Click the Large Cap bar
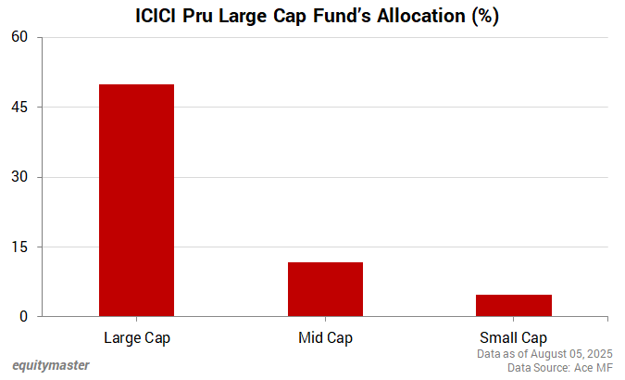click(136, 200)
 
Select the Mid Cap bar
click(325, 289)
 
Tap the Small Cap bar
click(513, 305)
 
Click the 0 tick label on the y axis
click(26, 317)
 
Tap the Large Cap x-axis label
click(137, 336)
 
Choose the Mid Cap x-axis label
click(325, 336)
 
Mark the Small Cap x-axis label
click(513, 336)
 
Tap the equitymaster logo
click(51, 365)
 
